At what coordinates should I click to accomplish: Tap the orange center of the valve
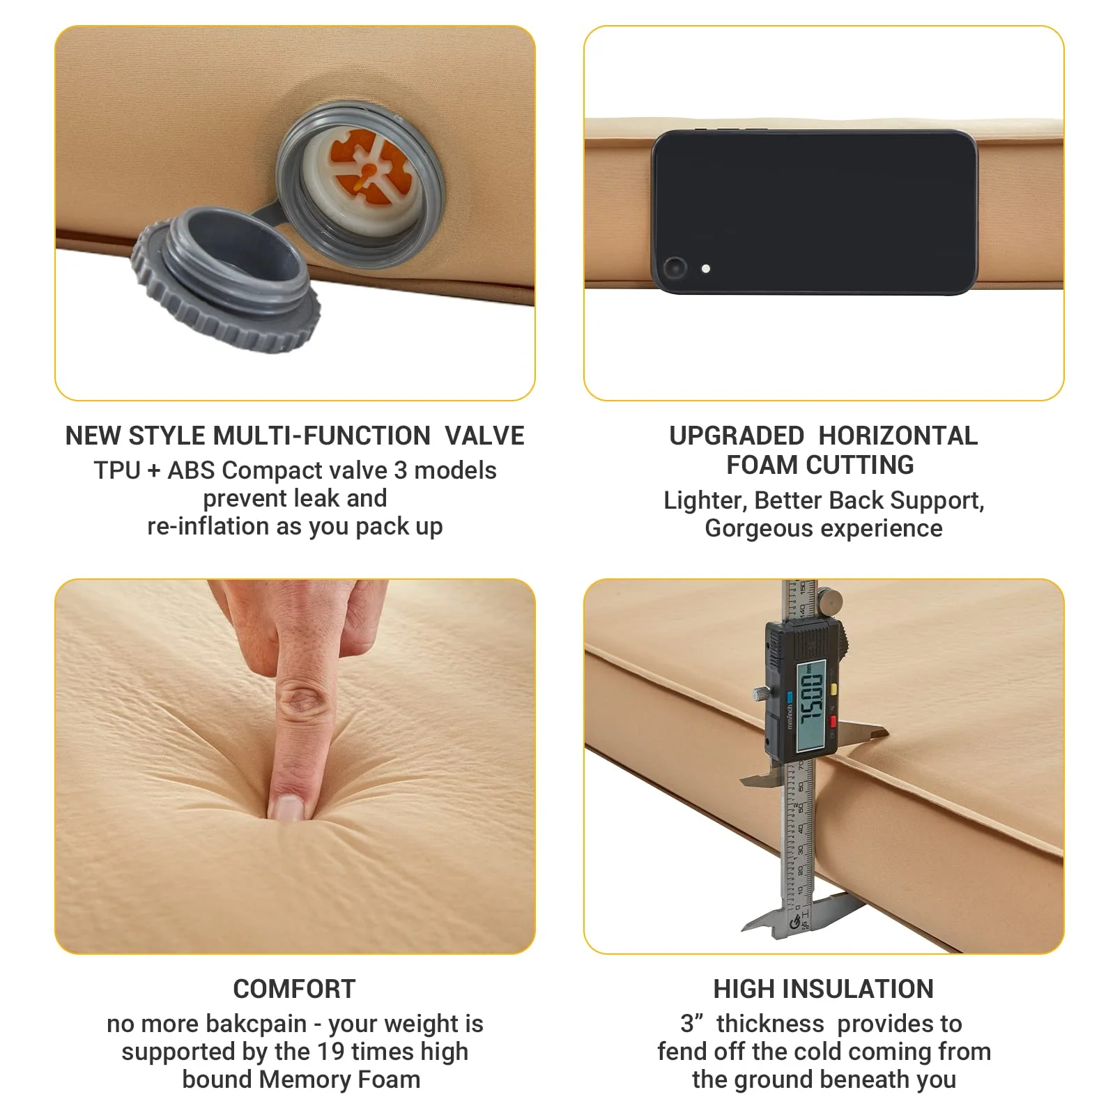point(366,171)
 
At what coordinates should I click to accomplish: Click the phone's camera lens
point(675,268)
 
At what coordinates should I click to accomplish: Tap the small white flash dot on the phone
point(706,268)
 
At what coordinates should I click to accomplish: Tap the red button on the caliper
point(833,721)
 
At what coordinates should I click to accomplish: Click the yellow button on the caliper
point(832,689)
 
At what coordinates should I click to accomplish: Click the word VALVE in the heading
point(484,436)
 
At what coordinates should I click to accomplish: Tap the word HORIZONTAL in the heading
point(898,436)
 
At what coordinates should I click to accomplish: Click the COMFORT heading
point(294,989)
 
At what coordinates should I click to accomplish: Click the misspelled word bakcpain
point(256,1024)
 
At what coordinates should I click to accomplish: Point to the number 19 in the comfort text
point(330,1052)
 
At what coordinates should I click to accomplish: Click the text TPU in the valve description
point(117,471)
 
